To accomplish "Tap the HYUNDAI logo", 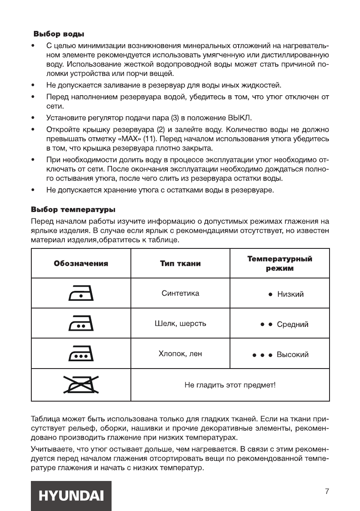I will [x=71, y=496].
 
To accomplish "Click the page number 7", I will [x=327, y=491].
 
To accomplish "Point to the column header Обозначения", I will [x=81, y=263].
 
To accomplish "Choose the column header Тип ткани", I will [x=180, y=263].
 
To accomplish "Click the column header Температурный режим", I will [x=280, y=263].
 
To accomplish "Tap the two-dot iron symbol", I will [x=81, y=324].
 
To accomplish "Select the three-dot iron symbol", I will [x=81, y=354].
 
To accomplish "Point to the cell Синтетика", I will [x=180, y=293].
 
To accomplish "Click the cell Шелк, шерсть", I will [x=180, y=324].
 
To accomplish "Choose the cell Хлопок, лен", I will [x=180, y=354].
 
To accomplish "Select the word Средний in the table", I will [x=292, y=324].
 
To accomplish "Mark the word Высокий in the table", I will [x=292, y=355].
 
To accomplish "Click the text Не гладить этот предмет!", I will [x=230, y=385].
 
